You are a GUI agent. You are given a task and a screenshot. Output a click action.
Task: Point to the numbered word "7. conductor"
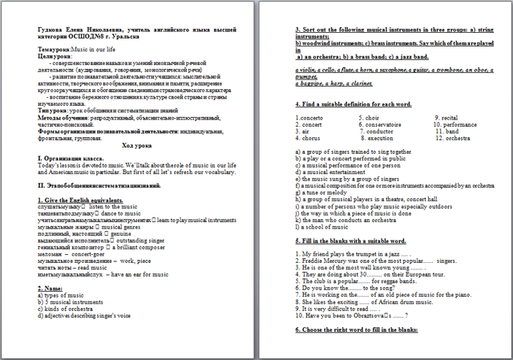378,131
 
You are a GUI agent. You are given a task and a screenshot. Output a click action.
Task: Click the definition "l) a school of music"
325,229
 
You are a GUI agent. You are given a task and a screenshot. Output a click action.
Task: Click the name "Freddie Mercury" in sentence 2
324,261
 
